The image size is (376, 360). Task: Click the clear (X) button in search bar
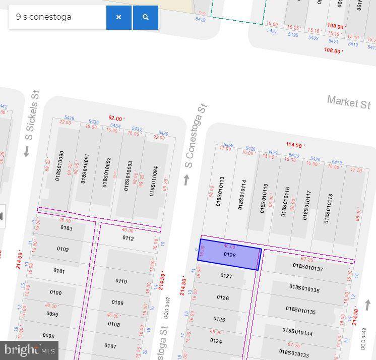[118, 17]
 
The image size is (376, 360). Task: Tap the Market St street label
[349, 102]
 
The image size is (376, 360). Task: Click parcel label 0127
[226, 276]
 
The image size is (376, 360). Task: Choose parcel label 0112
[128, 238]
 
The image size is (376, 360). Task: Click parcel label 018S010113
[220, 191]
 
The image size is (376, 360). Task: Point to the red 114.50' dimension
[295, 145]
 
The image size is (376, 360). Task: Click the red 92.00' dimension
[116, 118]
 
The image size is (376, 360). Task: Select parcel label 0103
[66, 228]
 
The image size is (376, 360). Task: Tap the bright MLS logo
[29, 349]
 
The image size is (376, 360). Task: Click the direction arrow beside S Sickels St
[27, 151]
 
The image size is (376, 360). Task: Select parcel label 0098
[48, 336]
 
